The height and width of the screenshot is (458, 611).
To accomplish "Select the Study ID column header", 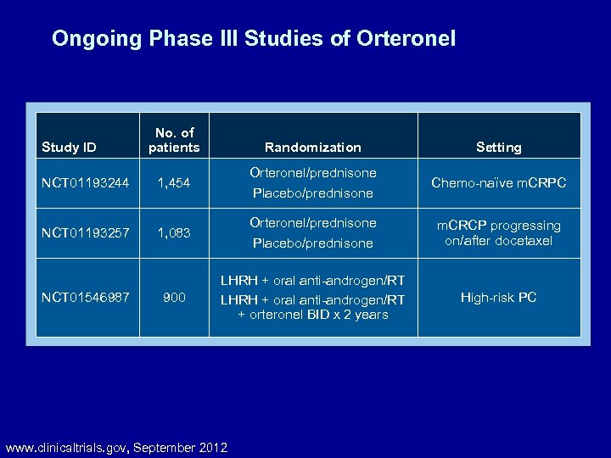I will [69, 147].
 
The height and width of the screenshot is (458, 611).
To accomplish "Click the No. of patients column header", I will [174, 140].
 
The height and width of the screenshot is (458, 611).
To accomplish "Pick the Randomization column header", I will [312, 147].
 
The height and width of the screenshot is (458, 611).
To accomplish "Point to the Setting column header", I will [498, 147].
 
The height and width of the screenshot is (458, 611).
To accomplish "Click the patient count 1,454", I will [174, 182].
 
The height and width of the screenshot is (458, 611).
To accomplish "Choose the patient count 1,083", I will [174, 232].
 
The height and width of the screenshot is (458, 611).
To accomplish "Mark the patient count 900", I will [174, 298].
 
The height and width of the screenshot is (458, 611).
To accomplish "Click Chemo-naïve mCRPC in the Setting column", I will [498, 182].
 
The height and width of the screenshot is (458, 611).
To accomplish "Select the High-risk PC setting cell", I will [498, 298].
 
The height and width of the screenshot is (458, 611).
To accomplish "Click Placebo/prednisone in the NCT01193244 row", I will [312, 193].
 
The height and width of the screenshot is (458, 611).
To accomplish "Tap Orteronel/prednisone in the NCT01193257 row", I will [312, 223].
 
